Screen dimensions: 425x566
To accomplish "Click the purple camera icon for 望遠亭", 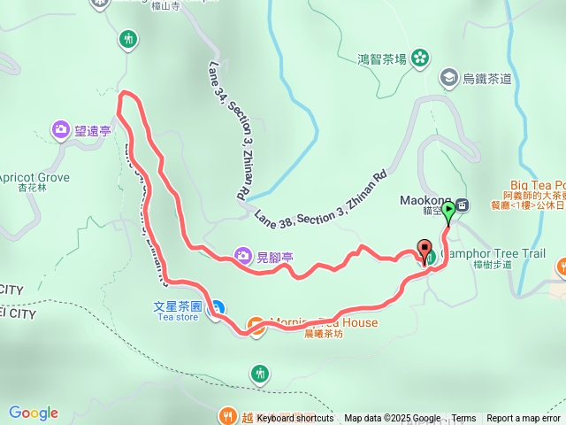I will [61, 129].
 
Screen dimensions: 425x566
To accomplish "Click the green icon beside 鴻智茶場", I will [420, 59].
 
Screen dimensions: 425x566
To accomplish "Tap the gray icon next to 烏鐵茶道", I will [449, 79].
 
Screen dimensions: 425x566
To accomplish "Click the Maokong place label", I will [431, 200].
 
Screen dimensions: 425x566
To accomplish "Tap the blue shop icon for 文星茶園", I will [218, 307].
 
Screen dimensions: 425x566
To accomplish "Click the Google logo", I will [34, 413].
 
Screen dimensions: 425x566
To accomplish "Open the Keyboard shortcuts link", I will [295, 418].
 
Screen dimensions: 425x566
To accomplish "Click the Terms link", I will [463, 418].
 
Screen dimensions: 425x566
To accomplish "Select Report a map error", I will [524, 418].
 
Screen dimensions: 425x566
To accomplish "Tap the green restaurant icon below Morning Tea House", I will [259, 374].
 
